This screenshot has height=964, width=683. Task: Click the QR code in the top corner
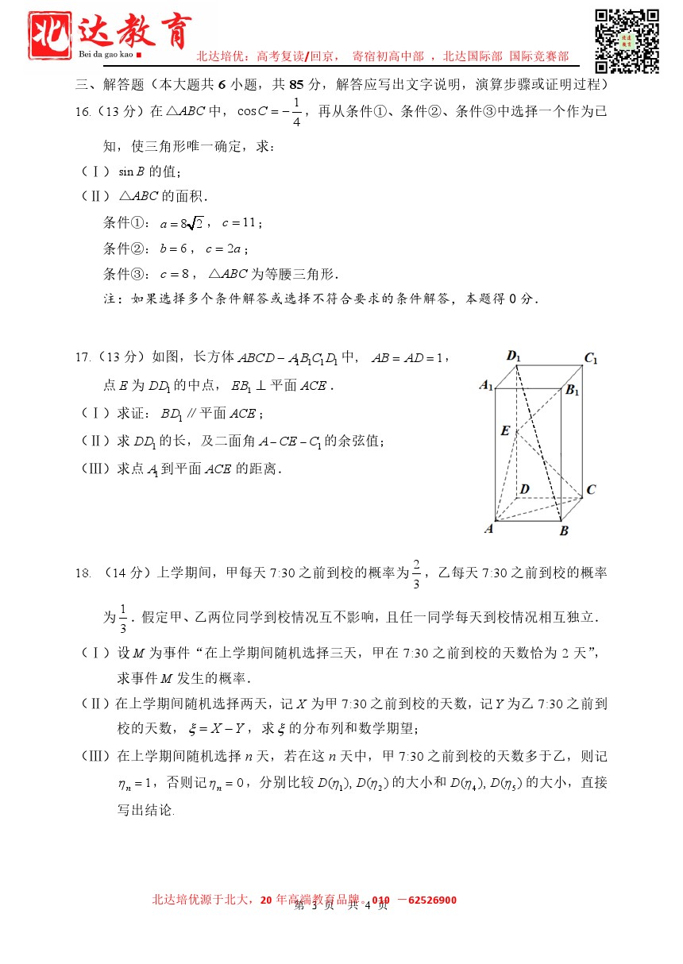[x=627, y=41]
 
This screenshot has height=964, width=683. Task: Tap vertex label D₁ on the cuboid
[x=514, y=356]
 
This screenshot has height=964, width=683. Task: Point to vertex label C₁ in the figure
[x=590, y=358]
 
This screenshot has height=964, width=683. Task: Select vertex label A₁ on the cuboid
[x=486, y=385]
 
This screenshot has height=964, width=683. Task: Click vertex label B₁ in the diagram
[x=572, y=390]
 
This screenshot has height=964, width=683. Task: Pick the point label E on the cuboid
[x=504, y=430]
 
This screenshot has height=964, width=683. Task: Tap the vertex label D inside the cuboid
[x=524, y=489]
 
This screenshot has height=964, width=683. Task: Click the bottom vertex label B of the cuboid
[x=564, y=530]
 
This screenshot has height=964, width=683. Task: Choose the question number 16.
[x=83, y=112]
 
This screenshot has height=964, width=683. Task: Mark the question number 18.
[x=83, y=572]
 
